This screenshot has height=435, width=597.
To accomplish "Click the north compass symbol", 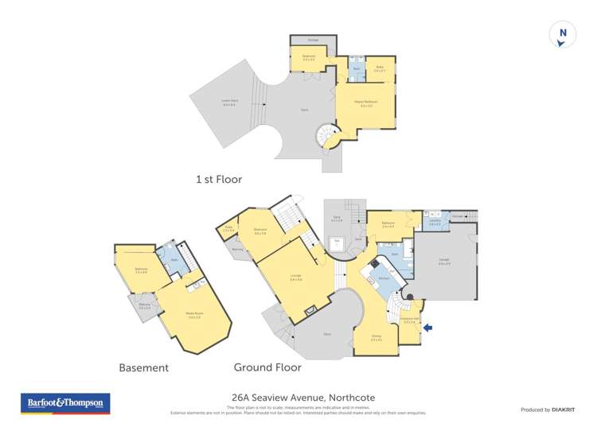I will pyautogui.click(x=563, y=34).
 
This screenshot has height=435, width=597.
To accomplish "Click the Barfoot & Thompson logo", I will pyautogui.click(x=64, y=403).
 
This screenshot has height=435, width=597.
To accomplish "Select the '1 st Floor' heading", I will pyautogui.click(x=218, y=180).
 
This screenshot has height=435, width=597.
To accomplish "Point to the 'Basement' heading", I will pyautogui.click(x=143, y=367).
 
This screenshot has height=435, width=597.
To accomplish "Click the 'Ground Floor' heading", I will pyautogui.click(x=267, y=367).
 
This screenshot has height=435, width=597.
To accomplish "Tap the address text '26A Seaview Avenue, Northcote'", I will pyautogui.click(x=298, y=398).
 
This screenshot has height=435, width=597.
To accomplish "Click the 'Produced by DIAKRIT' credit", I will pyautogui.click(x=548, y=410).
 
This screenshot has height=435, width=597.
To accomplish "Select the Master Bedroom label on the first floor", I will pyautogui.click(x=365, y=103).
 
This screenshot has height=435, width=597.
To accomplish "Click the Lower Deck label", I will pyautogui.click(x=229, y=100).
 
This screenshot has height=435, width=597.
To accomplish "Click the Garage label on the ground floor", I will pyautogui.click(x=445, y=260).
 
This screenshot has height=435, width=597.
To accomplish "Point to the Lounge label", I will pyautogui.click(x=295, y=278).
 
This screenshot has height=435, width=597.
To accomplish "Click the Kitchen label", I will pyautogui.click(x=382, y=278).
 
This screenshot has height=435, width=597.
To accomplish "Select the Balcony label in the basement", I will pyautogui.click(x=145, y=307).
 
